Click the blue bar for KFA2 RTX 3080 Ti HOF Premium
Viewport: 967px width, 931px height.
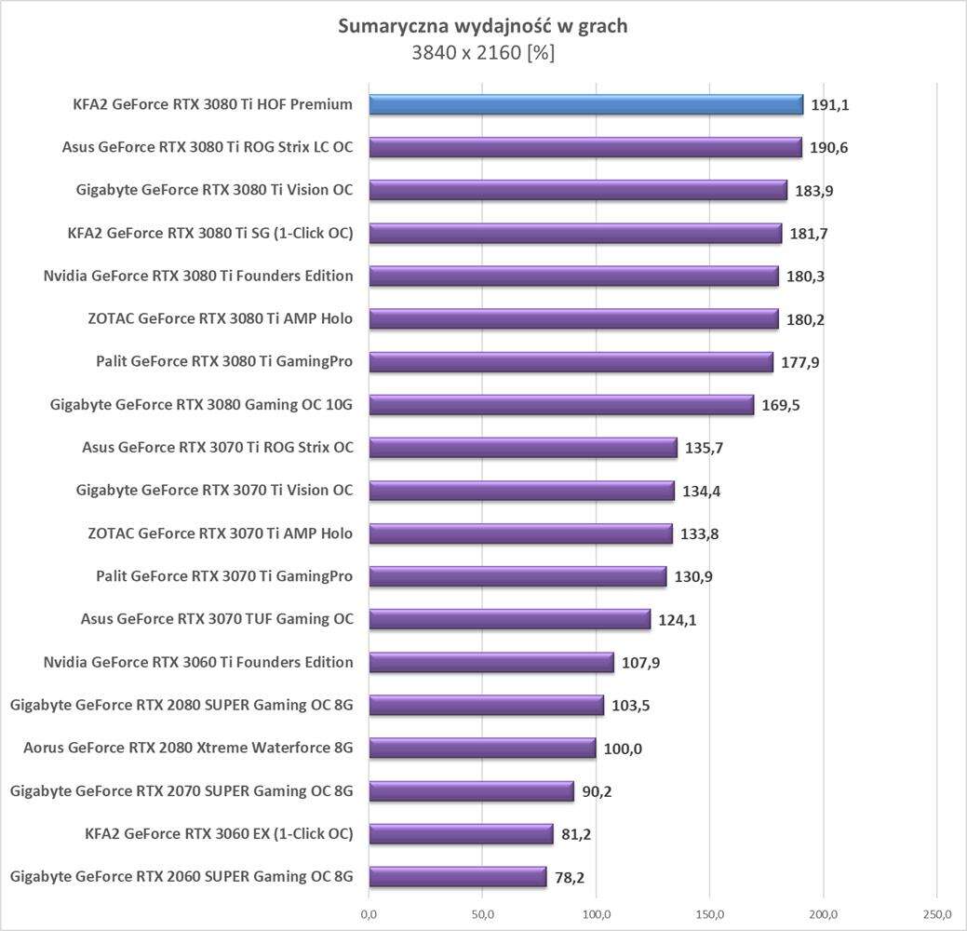point(585,104)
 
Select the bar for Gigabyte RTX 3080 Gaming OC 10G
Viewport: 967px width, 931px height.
point(561,405)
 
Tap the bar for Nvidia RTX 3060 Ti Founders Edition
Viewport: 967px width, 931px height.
point(491,663)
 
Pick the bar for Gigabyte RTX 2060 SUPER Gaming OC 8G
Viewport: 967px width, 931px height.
point(457,877)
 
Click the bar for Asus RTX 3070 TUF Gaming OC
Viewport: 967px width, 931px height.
point(509,619)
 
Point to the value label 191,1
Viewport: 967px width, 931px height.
point(831,105)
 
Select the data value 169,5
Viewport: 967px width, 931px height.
point(782,406)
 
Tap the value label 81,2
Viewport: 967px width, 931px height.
point(576,834)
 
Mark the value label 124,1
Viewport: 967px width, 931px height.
point(678,620)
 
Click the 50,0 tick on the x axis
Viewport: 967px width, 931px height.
point(482,914)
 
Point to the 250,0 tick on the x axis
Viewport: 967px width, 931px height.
point(937,914)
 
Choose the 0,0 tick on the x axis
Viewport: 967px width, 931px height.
point(369,914)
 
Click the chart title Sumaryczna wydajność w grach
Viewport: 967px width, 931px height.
point(482,26)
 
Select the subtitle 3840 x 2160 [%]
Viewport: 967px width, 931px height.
point(483,53)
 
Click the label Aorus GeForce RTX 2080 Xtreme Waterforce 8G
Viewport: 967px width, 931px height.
point(188,748)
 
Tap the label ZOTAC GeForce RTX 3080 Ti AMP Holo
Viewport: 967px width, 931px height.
point(220,318)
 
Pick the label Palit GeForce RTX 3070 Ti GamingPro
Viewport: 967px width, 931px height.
point(224,576)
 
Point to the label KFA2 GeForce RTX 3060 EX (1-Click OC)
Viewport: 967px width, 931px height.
point(219,833)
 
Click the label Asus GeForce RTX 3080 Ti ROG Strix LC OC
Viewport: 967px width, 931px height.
point(208,147)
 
